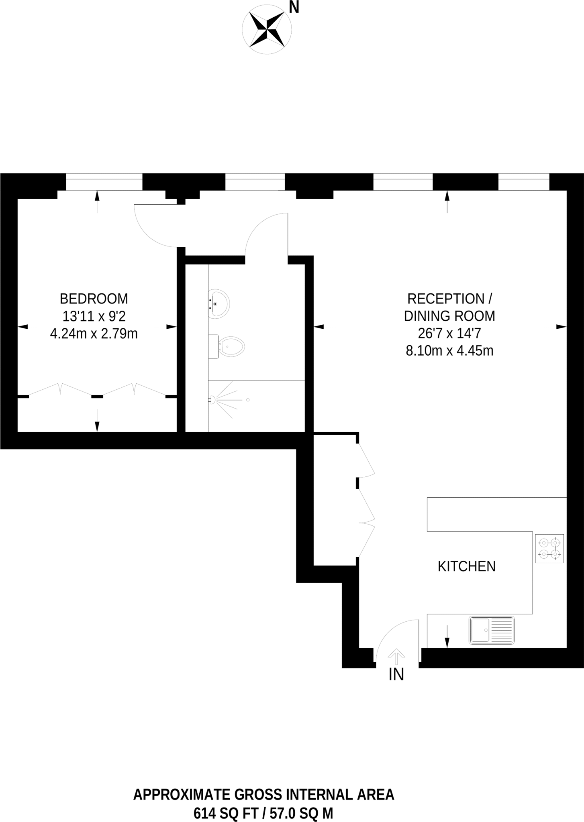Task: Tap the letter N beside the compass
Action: point(294,7)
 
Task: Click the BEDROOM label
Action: point(94,299)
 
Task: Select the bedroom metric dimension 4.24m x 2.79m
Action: point(94,334)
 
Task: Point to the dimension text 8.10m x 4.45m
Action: point(449,351)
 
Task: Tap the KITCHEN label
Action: point(466,566)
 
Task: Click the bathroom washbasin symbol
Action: point(219,303)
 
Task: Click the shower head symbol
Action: point(212,400)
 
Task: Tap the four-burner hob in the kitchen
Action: point(549,548)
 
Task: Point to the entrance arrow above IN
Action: point(396,657)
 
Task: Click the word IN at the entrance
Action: point(396,675)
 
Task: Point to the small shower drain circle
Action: point(248,400)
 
